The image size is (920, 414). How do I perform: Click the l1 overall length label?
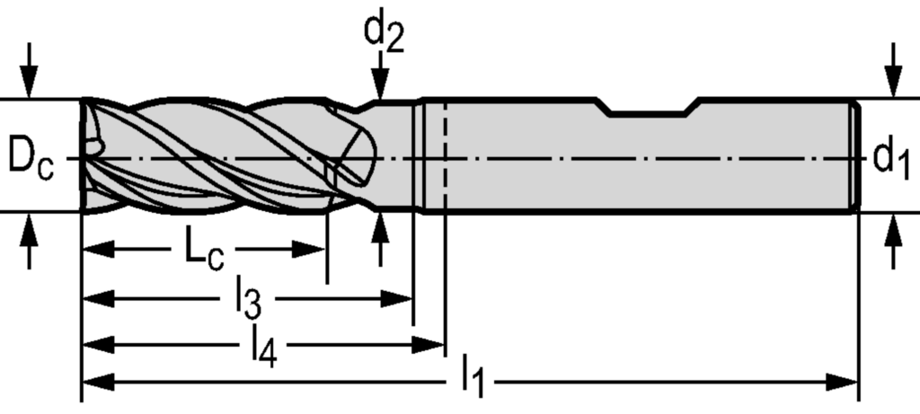(473, 377)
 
